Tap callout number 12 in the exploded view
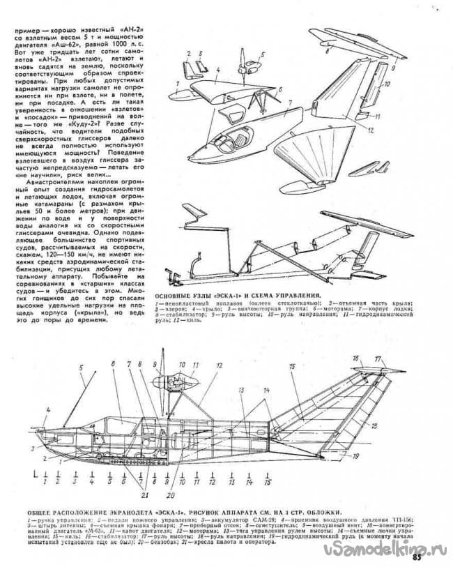tap(371, 130)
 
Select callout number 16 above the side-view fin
tap(354, 358)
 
